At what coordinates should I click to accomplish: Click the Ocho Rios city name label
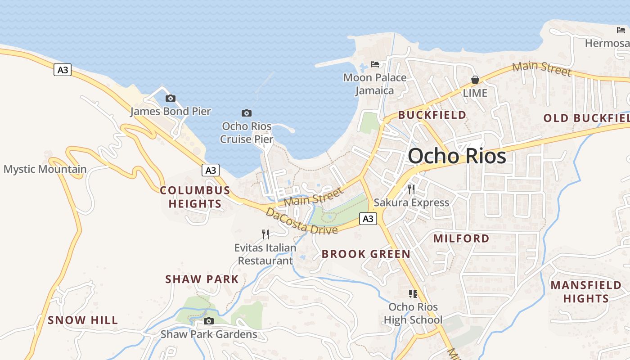coord(457,156)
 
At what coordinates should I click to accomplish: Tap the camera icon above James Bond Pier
coord(171,98)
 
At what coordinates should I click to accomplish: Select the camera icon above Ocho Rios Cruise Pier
coord(246,113)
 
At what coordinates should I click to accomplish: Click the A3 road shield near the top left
coord(63,70)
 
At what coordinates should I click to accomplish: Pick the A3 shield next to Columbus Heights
coord(211,170)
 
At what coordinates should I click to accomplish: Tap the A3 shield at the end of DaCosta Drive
coord(368,219)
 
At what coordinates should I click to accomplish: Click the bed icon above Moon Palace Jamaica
coord(375,64)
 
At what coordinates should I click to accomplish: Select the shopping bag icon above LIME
coord(475,80)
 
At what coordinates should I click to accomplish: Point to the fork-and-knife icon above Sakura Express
coord(411,189)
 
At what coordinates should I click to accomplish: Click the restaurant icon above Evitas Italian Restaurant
coord(265,234)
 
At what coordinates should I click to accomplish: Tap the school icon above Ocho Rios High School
coord(413,294)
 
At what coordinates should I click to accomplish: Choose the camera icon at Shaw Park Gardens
coord(208,321)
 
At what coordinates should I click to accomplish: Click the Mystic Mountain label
coord(45,169)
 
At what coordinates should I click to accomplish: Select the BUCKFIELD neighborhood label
coord(432,115)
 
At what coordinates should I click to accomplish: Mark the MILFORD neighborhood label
coord(461,238)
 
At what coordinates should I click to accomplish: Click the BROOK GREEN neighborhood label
coord(366,254)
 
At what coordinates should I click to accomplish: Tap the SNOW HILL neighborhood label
coord(83,320)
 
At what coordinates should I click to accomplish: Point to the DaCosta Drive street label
coord(301,221)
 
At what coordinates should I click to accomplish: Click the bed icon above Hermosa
coord(621,30)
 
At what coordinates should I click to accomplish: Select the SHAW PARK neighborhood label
coord(202,279)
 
